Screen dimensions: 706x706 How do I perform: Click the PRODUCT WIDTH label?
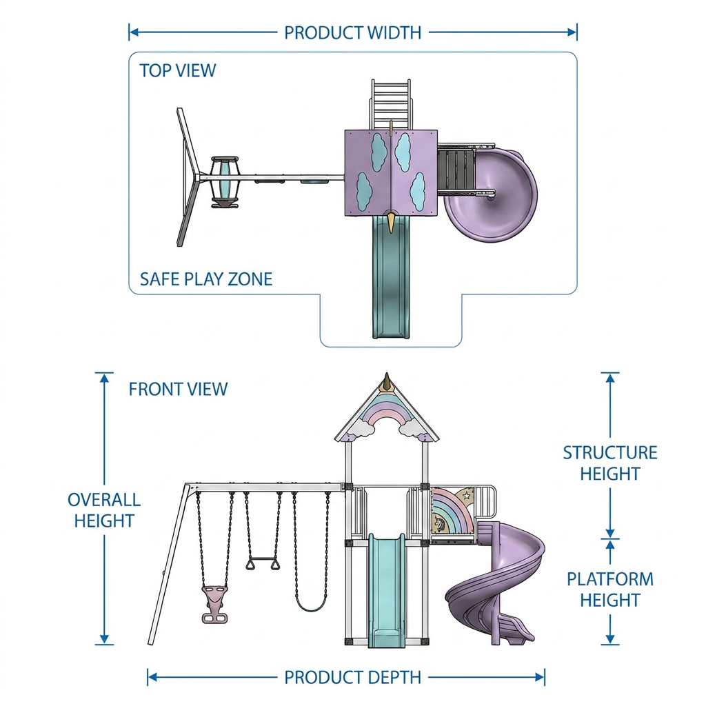pos(352,32)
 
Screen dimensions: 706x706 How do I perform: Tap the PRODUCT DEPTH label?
pos(352,677)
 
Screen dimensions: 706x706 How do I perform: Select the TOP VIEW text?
pos(177,70)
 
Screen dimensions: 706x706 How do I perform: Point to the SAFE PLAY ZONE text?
pos(205,279)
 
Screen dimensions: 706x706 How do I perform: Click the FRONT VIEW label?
pos(179,389)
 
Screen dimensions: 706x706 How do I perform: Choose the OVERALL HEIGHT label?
pos(104,510)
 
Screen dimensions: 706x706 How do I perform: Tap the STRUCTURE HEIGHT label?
pos(610,463)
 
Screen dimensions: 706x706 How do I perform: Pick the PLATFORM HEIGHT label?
pos(610,589)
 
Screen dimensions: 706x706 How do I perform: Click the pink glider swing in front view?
pos(214,604)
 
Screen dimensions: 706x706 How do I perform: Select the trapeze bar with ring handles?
pos(263,563)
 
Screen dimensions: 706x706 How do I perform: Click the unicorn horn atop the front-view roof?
pos(386,382)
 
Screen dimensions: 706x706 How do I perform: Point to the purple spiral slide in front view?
pos(495,584)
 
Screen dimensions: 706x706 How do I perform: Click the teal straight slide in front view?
pos(387,590)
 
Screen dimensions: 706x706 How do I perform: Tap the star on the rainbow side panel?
pos(467,496)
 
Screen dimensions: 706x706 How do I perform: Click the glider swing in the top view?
pos(225,182)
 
